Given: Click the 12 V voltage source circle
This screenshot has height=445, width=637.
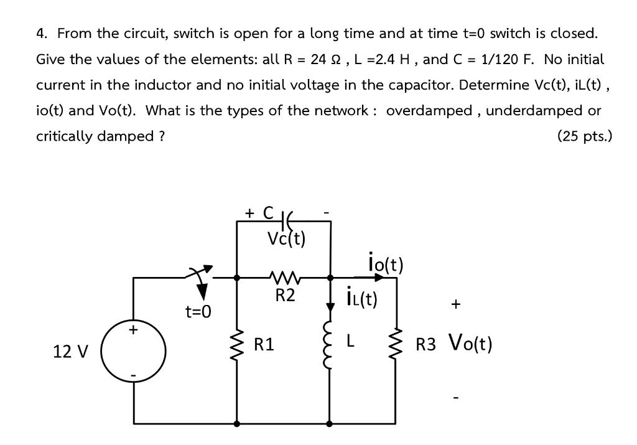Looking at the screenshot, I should coord(134,352).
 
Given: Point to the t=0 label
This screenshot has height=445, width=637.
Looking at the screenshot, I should coord(198,311).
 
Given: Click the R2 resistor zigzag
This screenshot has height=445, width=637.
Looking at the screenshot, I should coord(285,278).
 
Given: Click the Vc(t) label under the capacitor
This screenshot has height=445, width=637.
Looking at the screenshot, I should coord(286,239).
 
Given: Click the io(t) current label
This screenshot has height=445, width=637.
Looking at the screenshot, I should coord(386,263).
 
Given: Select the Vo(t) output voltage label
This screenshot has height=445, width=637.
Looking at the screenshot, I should coord(470,343).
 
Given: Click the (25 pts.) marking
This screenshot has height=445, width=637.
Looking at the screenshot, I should coord(584,136).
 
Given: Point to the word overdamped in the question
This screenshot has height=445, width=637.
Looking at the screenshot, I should coord(429,111).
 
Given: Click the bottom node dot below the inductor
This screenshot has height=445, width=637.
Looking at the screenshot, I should coord(329,423).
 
